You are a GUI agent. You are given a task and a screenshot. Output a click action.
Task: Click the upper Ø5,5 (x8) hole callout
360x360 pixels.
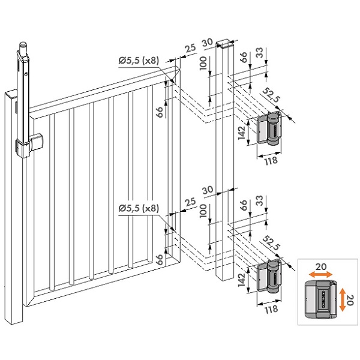click(139, 61)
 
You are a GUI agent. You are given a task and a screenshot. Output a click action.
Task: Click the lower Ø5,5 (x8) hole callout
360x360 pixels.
click(139, 208)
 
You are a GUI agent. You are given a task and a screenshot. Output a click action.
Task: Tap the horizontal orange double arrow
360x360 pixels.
click(320, 274)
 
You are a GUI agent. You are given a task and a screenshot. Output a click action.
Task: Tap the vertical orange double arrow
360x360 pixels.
click(343, 299)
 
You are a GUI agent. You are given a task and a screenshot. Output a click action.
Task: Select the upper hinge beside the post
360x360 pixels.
click(268, 128)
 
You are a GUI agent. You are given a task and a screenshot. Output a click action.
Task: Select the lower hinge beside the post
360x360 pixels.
click(268, 276)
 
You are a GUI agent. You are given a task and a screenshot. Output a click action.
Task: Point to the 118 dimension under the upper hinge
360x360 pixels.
click(271, 161)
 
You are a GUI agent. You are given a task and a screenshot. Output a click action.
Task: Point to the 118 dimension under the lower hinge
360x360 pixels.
click(271, 309)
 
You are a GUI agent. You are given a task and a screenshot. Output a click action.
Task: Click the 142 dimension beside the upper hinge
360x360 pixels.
click(242, 133)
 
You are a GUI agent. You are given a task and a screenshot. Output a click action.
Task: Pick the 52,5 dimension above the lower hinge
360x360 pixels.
click(271, 243)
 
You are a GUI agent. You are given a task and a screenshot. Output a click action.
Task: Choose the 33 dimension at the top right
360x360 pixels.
click(259, 53)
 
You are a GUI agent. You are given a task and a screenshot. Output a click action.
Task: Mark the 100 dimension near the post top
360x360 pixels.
click(203, 63)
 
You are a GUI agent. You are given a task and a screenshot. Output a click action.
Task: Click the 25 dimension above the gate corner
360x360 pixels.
click(190, 49)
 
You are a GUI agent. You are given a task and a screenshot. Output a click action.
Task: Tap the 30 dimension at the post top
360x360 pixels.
click(208, 43)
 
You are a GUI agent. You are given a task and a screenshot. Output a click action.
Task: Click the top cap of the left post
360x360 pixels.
click(11, 94)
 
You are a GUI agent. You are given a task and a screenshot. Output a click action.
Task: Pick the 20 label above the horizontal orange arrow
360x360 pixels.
click(321, 267)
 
